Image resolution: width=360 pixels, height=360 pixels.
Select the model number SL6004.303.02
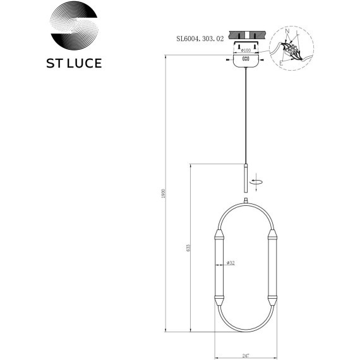201,37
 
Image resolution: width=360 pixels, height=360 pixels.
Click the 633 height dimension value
188,248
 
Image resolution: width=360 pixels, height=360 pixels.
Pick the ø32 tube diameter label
231,263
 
